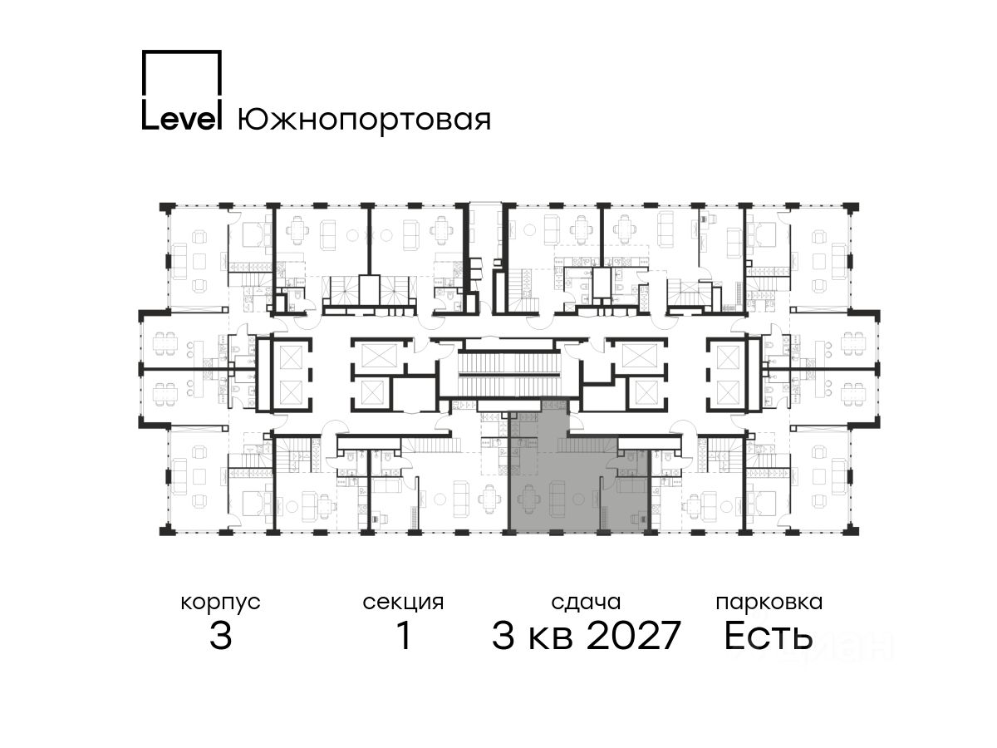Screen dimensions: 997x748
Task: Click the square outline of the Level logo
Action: tap(182, 52)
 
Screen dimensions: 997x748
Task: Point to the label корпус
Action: tap(220, 603)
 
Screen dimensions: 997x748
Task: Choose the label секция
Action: tap(403, 603)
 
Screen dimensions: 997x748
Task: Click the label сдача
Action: tap(586, 603)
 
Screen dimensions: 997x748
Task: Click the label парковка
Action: tap(769, 603)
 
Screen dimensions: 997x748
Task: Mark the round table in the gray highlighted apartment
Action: tap(577, 499)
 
